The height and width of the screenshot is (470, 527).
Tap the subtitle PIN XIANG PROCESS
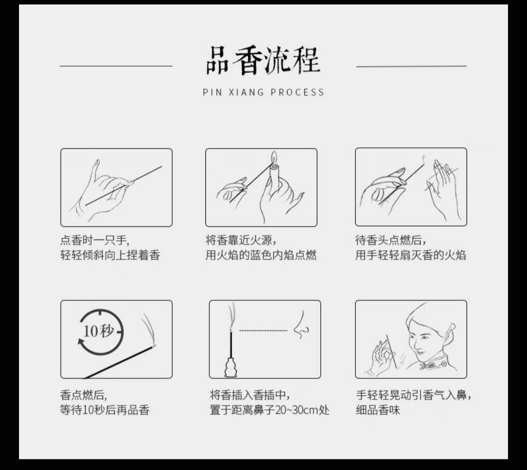tap(263, 92)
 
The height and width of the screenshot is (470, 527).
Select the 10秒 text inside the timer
tap(98, 331)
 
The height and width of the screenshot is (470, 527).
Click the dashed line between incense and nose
tap(263, 331)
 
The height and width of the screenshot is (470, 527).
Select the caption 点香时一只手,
tap(95, 240)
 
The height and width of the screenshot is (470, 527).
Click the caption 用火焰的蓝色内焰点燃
tap(261, 255)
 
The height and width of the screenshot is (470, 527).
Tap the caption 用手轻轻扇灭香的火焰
tap(410, 255)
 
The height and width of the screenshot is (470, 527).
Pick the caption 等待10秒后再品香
tap(105, 410)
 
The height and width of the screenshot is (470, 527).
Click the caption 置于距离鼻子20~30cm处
tap(270, 410)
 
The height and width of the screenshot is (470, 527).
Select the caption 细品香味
tap(378, 410)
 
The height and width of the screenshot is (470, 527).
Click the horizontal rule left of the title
tap(116, 66)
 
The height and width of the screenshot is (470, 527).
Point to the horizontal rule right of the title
tap(411, 66)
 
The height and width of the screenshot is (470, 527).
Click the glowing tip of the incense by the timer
tap(153, 346)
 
